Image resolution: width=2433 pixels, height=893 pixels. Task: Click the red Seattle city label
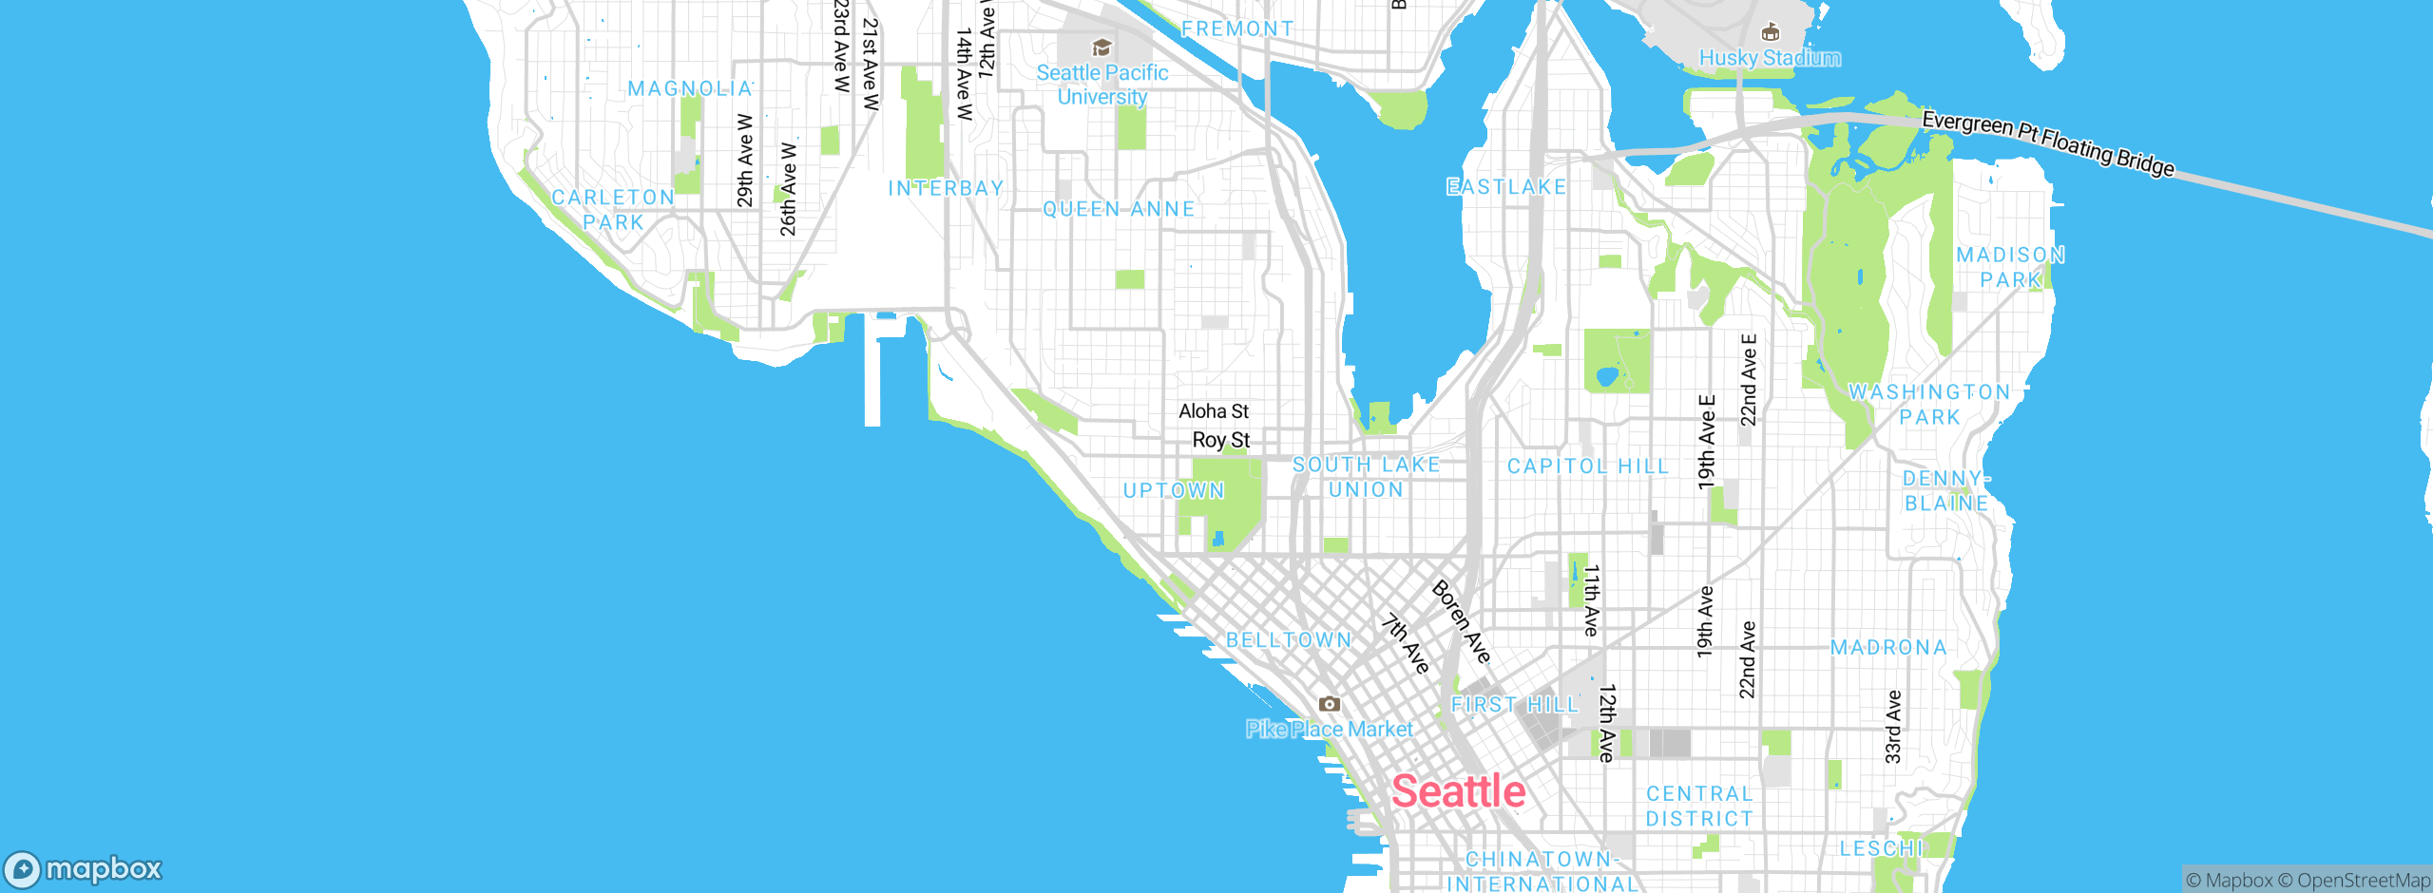1458,791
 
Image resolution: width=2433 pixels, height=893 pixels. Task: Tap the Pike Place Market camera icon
1329,704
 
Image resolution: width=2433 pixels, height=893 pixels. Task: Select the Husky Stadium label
1769,58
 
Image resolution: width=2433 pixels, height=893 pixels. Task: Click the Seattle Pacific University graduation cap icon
1102,47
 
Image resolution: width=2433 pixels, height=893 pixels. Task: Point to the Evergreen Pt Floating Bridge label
2047,143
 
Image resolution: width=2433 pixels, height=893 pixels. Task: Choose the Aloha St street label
1214,411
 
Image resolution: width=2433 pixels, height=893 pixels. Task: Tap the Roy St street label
1221,440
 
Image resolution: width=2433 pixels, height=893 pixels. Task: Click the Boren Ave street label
1461,621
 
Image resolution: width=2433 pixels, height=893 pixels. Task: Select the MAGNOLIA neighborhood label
690,88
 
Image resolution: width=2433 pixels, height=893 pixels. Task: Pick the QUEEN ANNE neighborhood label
1119,209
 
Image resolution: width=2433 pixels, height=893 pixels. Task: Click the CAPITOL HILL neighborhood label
1588,466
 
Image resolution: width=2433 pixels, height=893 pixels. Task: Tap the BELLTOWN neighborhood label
1289,640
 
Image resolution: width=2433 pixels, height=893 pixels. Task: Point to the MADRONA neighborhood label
1888,648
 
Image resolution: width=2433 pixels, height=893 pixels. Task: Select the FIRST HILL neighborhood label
1514,705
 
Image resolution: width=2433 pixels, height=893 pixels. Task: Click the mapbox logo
84,868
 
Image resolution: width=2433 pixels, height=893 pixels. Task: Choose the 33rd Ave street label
1892,727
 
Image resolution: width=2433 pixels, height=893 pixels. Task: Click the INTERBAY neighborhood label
946,188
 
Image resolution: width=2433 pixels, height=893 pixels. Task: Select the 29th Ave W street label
745,161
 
